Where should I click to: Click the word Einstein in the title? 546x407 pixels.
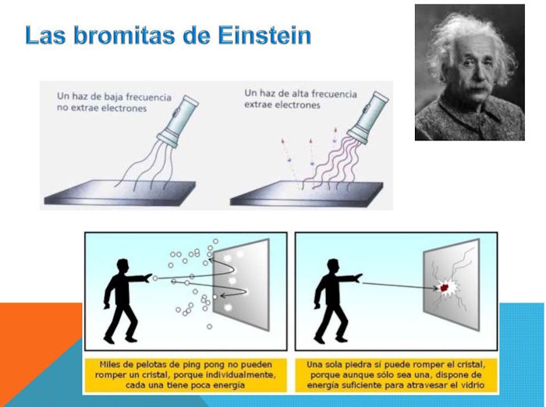(264, 35)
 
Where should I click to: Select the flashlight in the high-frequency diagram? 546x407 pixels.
(367, 117)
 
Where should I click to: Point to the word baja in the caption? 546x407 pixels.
(112, 97)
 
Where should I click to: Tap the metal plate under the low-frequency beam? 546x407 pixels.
(120, 193)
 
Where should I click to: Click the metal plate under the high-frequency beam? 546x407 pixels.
(307, 193)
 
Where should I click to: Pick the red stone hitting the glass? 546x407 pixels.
(445, 288)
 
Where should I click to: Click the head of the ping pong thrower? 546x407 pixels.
(123, 267)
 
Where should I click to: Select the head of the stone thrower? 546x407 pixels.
(334, 267)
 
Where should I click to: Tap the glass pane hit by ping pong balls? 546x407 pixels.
(241, 285)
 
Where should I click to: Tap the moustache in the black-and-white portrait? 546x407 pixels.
(476, 90)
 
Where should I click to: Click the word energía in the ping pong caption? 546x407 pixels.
(230, 385)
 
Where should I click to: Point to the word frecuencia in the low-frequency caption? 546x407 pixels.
(148, 97)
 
